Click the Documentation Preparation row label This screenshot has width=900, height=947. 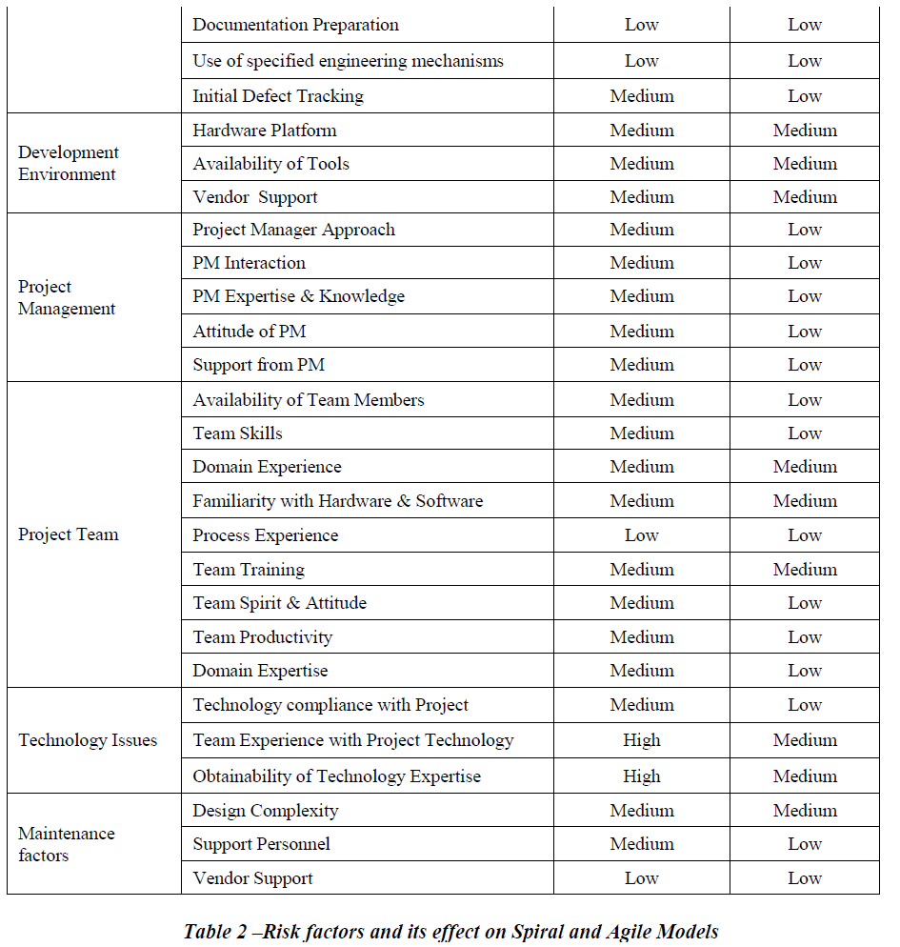(x=295, y=25)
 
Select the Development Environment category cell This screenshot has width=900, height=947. (x=69, y=163)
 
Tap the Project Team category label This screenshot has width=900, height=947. (x=69, y=534)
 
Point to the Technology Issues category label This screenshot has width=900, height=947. (x=88, y=740)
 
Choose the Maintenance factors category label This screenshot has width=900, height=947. (x=67, y=844)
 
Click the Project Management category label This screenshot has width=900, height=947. (x=67, y=297)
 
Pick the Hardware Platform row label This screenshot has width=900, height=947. (x=265, y=131)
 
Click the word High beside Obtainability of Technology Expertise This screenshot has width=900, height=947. (x=641, y=776)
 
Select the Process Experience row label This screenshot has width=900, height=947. (x=265, y=535)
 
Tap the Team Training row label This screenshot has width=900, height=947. (x=249, y=570)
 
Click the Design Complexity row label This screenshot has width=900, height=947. (x=265, y=811)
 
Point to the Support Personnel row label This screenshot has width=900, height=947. (x=261, y=844)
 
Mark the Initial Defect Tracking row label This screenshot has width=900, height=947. (x=278, y=96)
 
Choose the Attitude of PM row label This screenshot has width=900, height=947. (x=250, y=332)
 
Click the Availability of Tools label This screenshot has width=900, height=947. (x=270, y=164)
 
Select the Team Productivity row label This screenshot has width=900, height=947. (x=262, y=637)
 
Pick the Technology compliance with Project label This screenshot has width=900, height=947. (x=330, y=705)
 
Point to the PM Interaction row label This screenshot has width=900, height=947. (x=249, y=263)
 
